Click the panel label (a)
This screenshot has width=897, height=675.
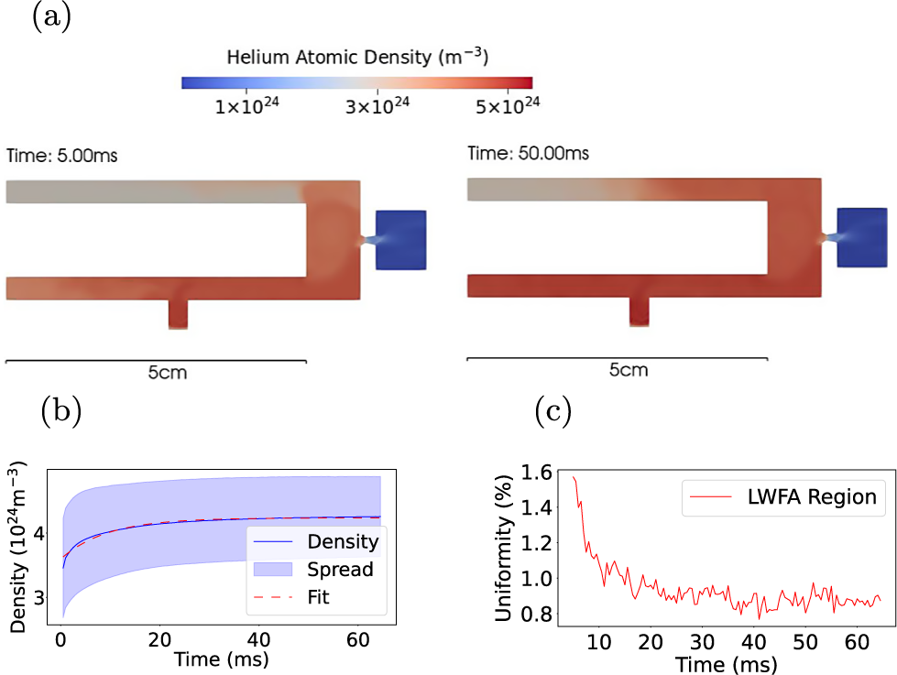pos(51,18)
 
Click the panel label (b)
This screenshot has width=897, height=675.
pos(60,412)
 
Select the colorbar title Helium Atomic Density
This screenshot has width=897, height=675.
pos(356,58)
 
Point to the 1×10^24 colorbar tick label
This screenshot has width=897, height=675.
pos(246,106)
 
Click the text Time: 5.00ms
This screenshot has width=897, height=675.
pos(61,157)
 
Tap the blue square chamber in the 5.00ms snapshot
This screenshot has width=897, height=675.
pos(401,240)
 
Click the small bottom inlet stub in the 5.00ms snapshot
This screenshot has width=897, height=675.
pos(178,314)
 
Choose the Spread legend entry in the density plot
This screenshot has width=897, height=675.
pos(339,569)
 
